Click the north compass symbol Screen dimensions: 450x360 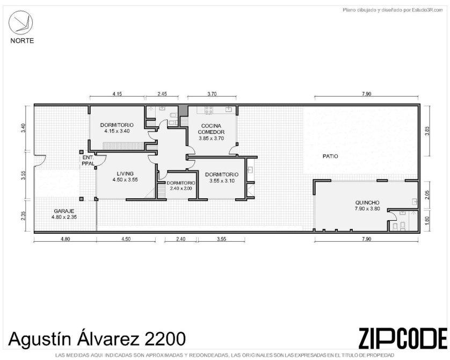click(x=20, y=23)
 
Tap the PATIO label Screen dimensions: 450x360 click(x=330, y=156)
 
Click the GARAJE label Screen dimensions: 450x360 click(x=64, y=211)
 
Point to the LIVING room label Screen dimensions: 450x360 click(x=125, y=174)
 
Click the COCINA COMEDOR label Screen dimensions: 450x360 click(x=211, y=129)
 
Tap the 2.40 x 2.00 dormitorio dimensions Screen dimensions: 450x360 click(x=181, y=189)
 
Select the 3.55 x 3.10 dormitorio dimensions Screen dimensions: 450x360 click(x=222, y=181)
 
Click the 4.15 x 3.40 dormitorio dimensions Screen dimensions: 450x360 click(x=117, y=131)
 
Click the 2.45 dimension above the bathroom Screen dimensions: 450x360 click(x=162, y=93)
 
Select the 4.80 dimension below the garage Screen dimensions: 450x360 click(x=65, y=239)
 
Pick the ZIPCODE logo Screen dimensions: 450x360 click(x=403, y=338)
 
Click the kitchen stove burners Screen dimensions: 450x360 click(x=209, y=110)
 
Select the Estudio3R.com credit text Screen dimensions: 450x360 click(x=427, y=10)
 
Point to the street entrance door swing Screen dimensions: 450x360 click(x=40, y=161)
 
